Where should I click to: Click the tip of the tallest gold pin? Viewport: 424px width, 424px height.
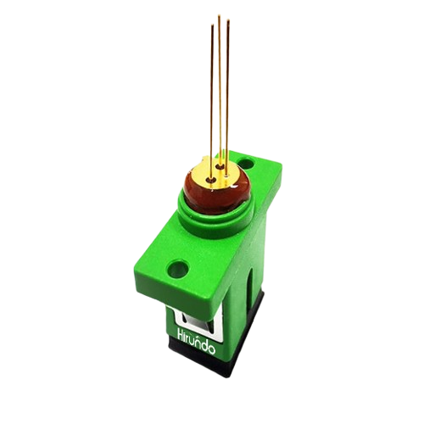coord(220,15)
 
